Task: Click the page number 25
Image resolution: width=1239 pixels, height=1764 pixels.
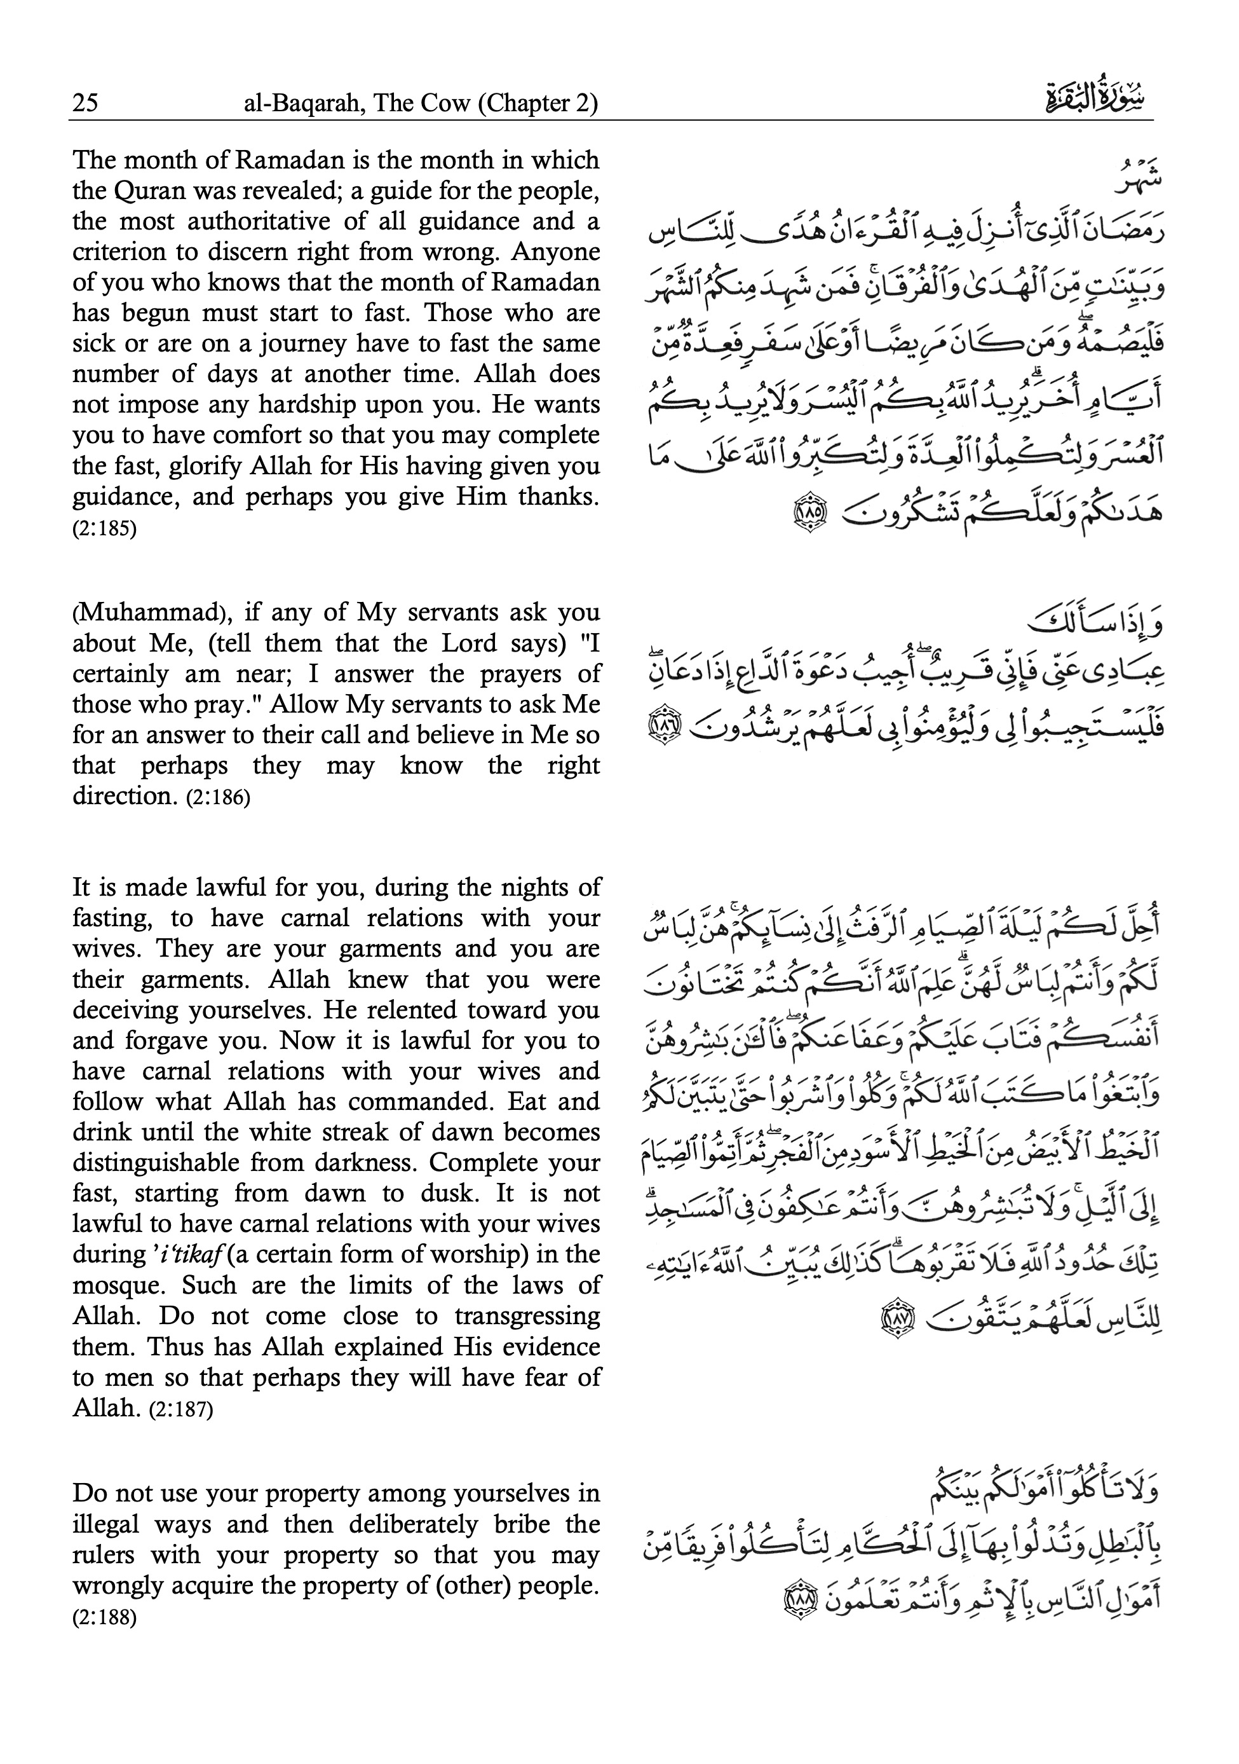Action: point(85,103)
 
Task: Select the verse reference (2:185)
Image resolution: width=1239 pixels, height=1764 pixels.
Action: point(104,530)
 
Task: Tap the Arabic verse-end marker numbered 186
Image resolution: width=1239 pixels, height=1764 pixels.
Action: point(663,725)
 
